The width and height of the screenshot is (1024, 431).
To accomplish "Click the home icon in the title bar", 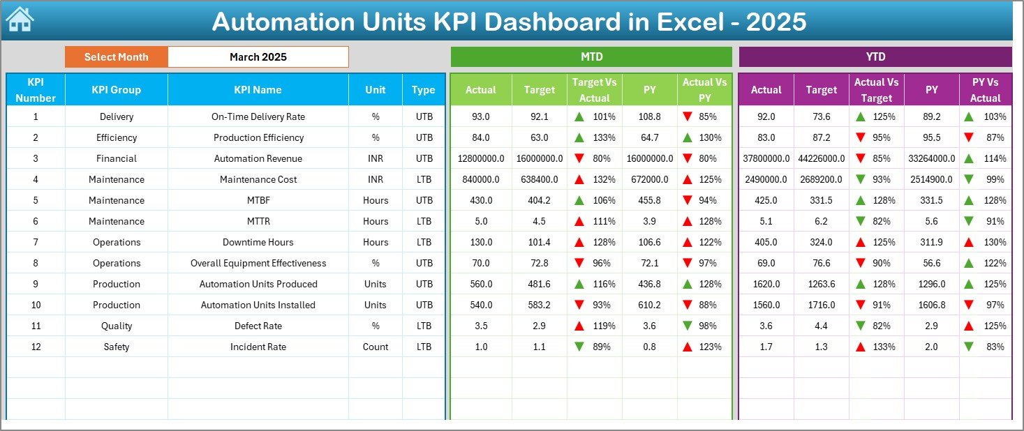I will [20, 20].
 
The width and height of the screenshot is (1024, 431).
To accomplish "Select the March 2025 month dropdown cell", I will [258, 57].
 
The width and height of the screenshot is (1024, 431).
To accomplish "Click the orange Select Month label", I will [116, 57].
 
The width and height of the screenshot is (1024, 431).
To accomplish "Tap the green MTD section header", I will [591, 56].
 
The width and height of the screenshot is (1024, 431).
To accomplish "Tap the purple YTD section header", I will [875, 56].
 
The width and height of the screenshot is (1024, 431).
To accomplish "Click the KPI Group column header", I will [116, 89].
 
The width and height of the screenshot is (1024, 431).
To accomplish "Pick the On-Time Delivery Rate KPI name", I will [258, 116].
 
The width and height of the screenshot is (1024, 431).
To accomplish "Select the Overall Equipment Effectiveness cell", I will [258, 263].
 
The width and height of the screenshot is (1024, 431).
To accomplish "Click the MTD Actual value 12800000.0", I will [481, 158].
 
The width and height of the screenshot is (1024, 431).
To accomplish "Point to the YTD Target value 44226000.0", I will [821, 158].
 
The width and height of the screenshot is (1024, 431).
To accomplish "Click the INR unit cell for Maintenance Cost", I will [376, 179].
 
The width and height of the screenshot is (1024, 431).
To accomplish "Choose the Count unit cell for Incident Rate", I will [376, 347].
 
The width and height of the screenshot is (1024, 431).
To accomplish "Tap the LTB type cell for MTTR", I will [424, 221].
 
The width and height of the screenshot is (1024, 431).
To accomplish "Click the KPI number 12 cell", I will [36, 347].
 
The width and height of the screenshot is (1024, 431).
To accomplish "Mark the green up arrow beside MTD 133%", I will [579, 137].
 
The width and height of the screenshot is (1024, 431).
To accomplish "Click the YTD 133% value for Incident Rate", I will [884, 347].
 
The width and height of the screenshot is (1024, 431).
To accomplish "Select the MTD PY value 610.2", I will [649, 305].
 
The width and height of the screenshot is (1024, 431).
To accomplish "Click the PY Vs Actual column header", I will [985, 90].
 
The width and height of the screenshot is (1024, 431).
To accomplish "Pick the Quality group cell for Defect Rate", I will [116, 326].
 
